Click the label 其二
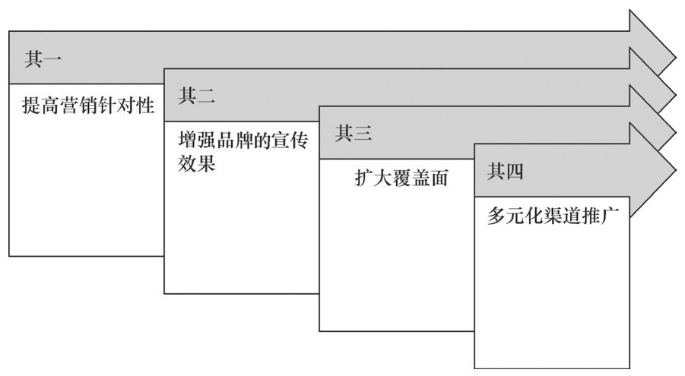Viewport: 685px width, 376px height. pos(197,96)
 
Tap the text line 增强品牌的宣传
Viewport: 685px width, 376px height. pos(243,142)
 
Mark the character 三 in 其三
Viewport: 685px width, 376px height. pos(363,134)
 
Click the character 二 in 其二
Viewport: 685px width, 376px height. pos(206,96)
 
